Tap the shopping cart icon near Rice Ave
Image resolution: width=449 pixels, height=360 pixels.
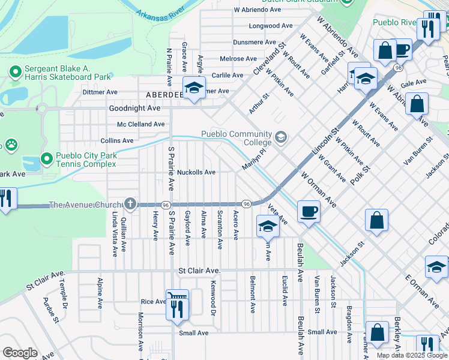pyautogui.click(x=176, y=296)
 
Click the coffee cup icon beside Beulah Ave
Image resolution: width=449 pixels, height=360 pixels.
pyautogui.click(x=309, y=211)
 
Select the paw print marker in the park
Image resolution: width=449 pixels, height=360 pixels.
pyautogui.click(x=11, y=144)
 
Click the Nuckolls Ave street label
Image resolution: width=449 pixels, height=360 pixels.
pyautogui.click(x=196, y=172)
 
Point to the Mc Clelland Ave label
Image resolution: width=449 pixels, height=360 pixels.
pyautogui.click(x=140, y=124)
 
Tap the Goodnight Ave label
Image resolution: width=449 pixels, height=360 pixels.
pyautogui.click(x=134, y=109)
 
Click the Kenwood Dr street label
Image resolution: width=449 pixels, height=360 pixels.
pyautogui.click(x=212, y=298)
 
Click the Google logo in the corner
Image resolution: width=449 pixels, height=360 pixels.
pyautogui.click(x=20, y=353)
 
